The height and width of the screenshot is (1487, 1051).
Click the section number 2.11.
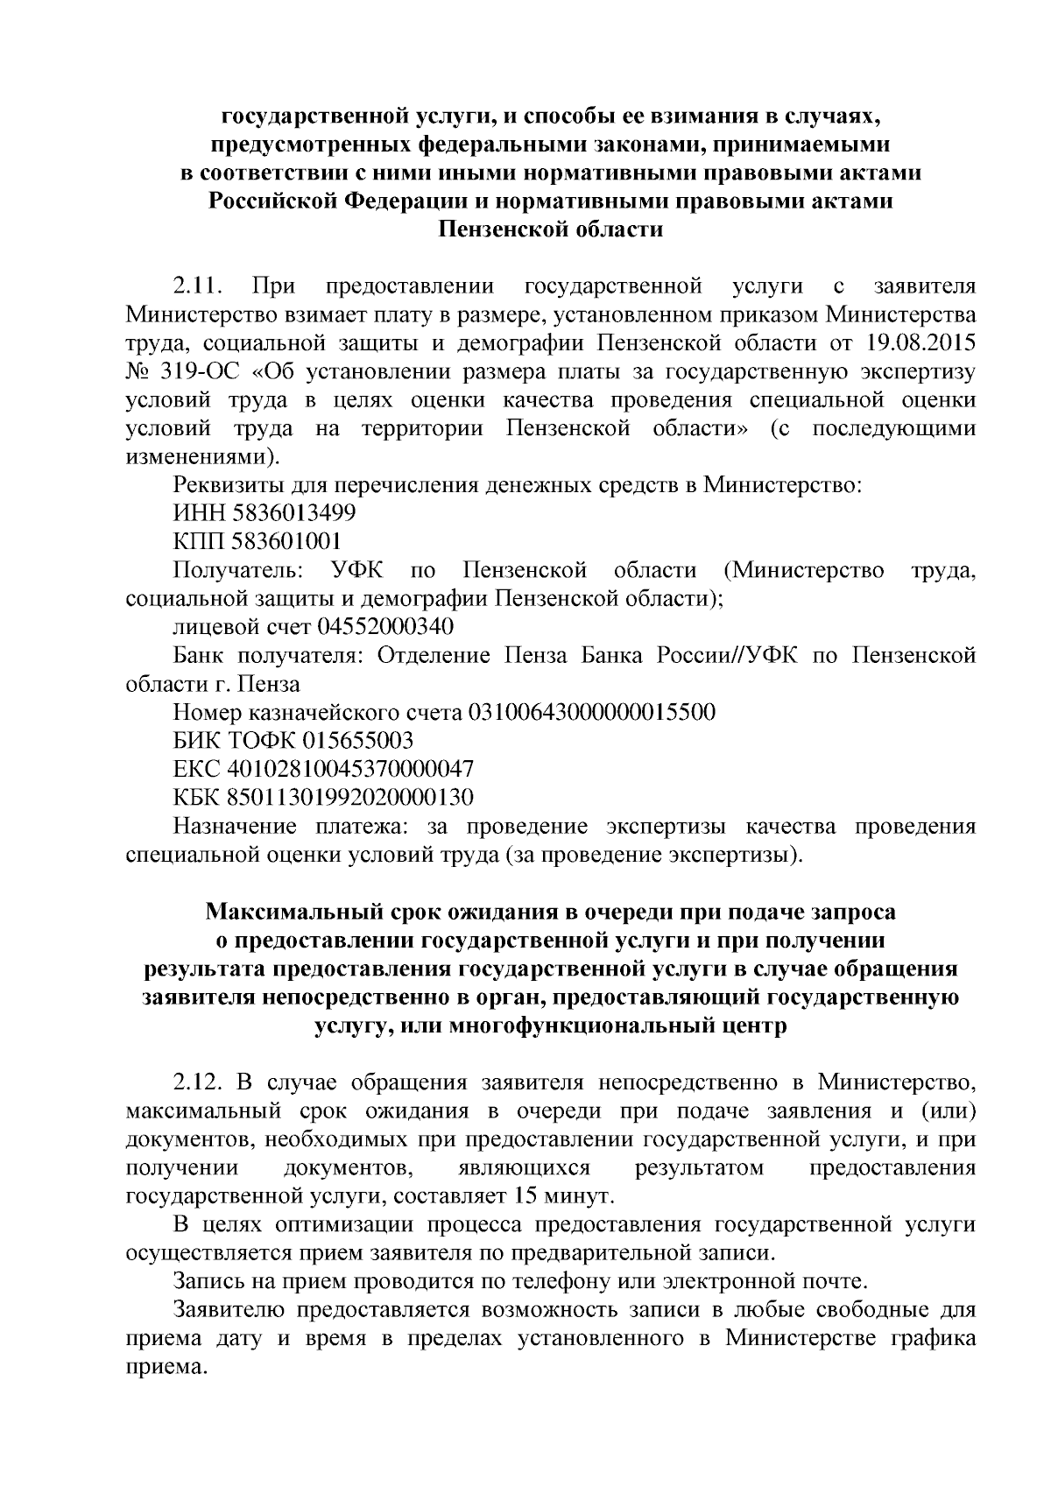coord(200,286)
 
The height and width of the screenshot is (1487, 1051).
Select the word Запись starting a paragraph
coord(208,1283)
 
